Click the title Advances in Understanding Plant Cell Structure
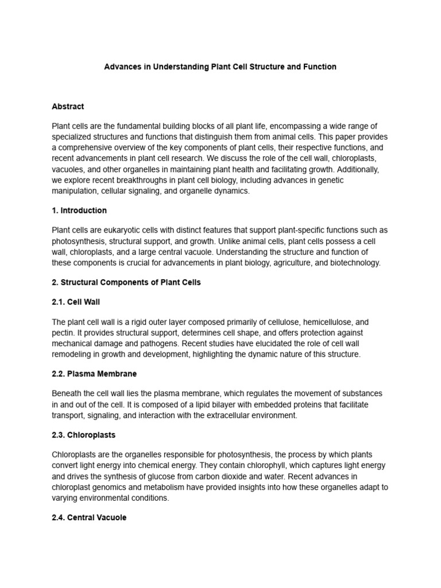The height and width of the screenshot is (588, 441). [220, 67]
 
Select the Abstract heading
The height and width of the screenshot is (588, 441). [68, 106]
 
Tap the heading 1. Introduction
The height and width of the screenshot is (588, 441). [79, 210]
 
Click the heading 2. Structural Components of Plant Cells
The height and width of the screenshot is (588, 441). [126, 283]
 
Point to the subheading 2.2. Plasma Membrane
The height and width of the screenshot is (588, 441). [94, 374]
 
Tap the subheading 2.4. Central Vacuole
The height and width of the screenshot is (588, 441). [89, 517]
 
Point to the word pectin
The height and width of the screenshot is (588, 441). [63, 333]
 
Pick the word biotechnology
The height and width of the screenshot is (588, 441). [355, 262]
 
